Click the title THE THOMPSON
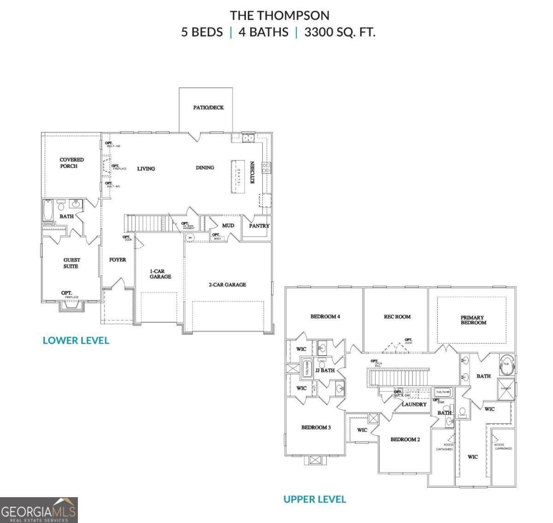point(279,16)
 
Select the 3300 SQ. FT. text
point(340,32)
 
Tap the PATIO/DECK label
point(208,107)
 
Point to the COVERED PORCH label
point(71,163)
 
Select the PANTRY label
point(259,226)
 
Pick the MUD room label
point(228,226)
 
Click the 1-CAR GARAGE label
point(160,274)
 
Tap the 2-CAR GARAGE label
point(227,285)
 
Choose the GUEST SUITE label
point(71,263)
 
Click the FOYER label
point(118,260)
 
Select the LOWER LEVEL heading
point(76,340)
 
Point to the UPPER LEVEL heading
point(314,499)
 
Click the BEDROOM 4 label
point(325,316)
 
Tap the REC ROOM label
point(397,316)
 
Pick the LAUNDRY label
point(414,404)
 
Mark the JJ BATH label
point(325,370)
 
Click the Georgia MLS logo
point(39,510)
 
